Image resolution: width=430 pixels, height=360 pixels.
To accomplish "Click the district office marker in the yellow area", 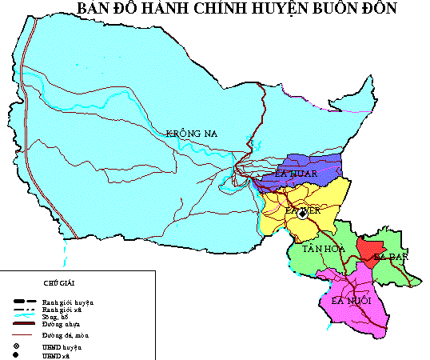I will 302,214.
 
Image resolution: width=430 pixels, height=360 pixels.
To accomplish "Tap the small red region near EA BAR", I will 369,248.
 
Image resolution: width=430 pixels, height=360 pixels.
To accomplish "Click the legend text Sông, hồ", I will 56,317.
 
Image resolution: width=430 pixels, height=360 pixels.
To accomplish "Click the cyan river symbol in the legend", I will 24,317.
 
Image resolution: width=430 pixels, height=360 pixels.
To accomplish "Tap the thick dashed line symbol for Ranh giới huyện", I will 24,302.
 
